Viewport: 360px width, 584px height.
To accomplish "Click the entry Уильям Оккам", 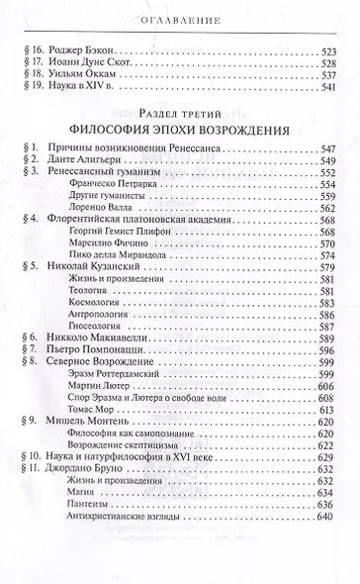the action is click(85, 75).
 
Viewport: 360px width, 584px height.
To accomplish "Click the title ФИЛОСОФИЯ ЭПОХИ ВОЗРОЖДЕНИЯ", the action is click(179, 130).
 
